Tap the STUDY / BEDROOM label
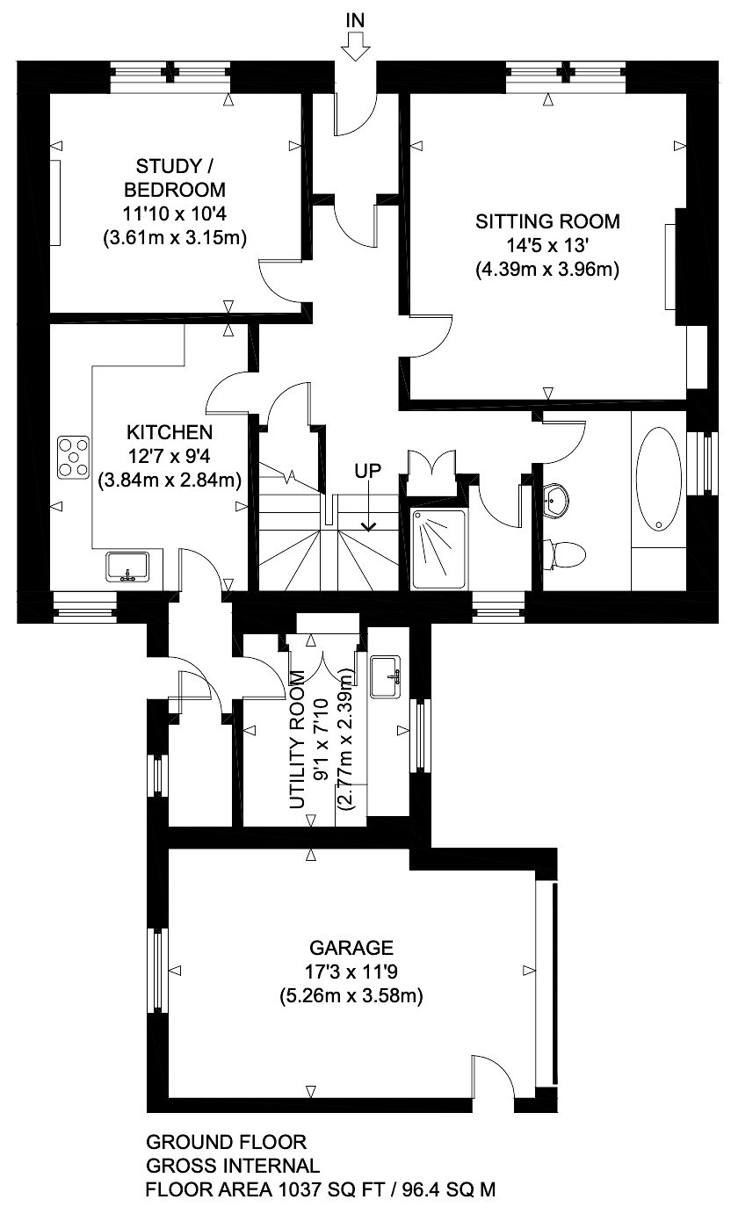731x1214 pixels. [174, 177]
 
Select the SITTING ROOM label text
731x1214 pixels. [547, 221]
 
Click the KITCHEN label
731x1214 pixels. [170, 432]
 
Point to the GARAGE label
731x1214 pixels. [351, 947]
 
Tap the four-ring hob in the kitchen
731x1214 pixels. [73, 458]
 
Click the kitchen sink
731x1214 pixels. [127, 567]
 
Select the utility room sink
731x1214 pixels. [386, 676]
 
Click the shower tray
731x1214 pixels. [438, 549]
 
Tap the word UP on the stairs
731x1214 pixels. [368, 471]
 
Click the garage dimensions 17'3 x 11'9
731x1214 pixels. [351, 972]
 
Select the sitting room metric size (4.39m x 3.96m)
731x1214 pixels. [547, 270]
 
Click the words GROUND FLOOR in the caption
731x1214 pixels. [226, 1142]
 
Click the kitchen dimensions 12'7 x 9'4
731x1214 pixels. [170, 456]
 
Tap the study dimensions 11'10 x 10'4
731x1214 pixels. [174, 213]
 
